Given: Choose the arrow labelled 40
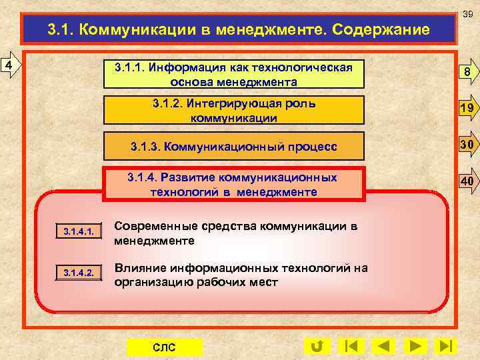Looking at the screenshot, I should pos(467,181).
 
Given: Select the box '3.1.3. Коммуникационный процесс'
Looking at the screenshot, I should pos(233,146).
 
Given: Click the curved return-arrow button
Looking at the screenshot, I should pos(317,347).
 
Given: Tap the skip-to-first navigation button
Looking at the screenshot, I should pos(351,347).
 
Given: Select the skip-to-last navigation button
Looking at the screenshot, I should pos(445,347).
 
